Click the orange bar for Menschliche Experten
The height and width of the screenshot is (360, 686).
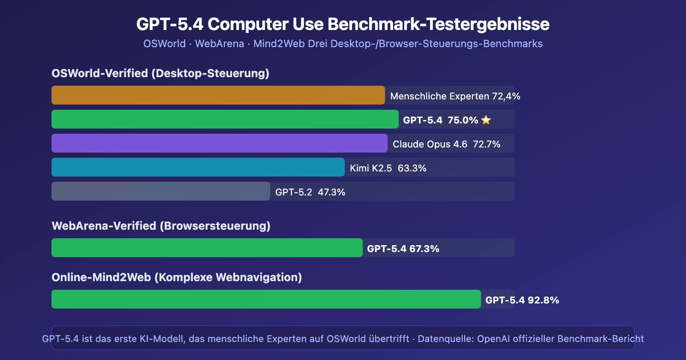click(x=218, y=95)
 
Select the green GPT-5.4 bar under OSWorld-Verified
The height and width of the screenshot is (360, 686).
click(x=225, y=119)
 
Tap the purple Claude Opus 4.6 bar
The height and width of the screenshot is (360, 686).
click(x=219, y=143)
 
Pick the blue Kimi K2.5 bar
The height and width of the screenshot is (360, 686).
click(x=198, y=167)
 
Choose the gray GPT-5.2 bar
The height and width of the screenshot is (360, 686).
click(x=160, y=191)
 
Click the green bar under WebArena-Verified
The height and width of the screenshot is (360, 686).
click(x=207, y=248)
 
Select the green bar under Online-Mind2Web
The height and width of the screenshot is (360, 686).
click(x=266, y=299)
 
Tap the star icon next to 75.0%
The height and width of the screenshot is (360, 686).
click(x=486, y=120)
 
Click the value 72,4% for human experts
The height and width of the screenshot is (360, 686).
click(x=506, y=96)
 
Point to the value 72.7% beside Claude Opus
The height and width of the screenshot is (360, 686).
click(x=487, y=144)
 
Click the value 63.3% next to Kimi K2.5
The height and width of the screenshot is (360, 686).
click(x=412, y=168)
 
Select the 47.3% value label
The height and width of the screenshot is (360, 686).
click(x=331, y=192)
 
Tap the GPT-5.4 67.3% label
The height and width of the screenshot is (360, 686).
click(x=403, y=249)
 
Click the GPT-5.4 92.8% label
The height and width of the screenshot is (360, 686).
click(x=522, y=300)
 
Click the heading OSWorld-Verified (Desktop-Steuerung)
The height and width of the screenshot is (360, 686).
click(x=160, y=73)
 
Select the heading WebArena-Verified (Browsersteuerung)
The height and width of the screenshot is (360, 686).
click(x=161, y=226)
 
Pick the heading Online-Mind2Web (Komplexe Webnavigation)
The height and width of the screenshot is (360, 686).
click(x=177, y=277)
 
